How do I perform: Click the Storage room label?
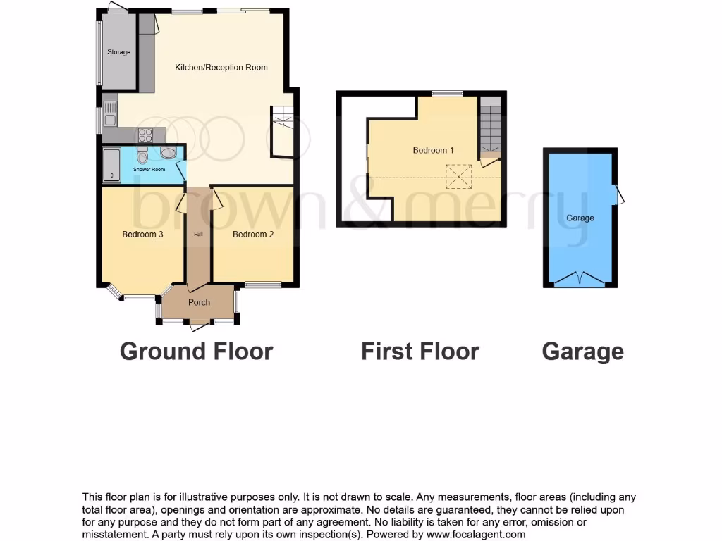point(118,52)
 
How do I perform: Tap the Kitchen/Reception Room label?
point(221,68)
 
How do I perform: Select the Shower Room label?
point(149,170)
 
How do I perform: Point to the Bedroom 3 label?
point(142,235)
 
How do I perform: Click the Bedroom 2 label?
point(253,235)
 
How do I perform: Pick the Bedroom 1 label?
point(433,151)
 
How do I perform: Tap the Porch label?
point(199,303)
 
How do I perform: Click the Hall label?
point(198,235)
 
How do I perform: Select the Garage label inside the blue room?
point(580,218)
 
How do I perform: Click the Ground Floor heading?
point(196,351)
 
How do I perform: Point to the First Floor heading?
point(420,351)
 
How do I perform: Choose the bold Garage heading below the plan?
point(582,351)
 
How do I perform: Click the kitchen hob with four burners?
point(145,135)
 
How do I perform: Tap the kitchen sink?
point(110,114)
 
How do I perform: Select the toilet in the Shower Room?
point(142,155)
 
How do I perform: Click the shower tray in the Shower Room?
point(111,166)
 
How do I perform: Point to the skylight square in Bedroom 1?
point(459,176)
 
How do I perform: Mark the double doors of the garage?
point(580,279)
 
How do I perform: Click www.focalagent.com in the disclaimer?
point(476,534)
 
